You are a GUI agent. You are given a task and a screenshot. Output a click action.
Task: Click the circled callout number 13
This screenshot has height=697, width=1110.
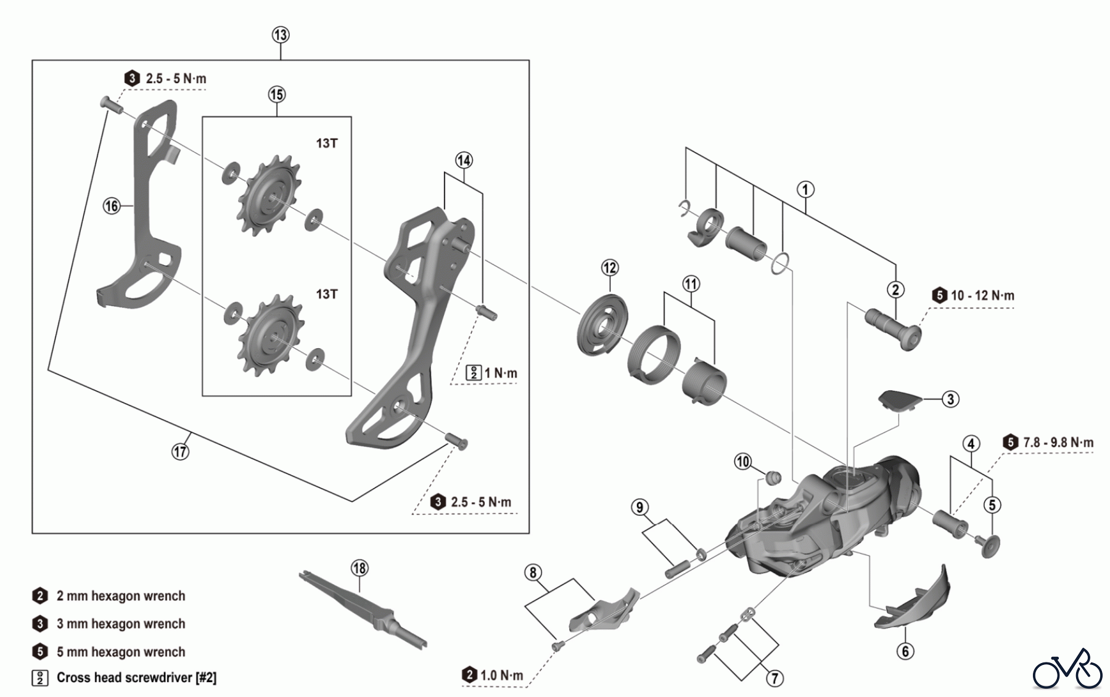pos(281,35)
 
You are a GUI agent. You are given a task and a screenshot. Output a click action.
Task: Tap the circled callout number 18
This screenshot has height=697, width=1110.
pos(360,568)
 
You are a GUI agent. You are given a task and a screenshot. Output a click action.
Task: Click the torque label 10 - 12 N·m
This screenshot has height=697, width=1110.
pos(982,296)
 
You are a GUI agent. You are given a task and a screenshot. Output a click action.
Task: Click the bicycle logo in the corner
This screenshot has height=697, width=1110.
pos(1067,669)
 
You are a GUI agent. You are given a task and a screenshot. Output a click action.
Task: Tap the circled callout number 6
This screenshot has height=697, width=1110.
pos(905,651)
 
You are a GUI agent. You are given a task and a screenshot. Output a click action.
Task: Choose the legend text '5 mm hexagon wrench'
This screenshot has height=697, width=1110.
pos(121,652)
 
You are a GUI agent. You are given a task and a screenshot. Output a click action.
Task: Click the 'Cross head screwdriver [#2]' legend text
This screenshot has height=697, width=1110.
pos(136,678)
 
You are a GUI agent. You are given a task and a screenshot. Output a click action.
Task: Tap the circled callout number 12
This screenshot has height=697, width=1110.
pos(610,267)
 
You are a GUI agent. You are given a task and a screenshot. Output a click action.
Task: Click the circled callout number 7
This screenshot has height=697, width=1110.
pos(775,679)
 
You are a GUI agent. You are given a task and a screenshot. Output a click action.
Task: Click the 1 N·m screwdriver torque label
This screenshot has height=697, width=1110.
pos(500,373)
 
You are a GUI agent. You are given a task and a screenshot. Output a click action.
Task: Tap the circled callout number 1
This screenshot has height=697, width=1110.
pos(805,189)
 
